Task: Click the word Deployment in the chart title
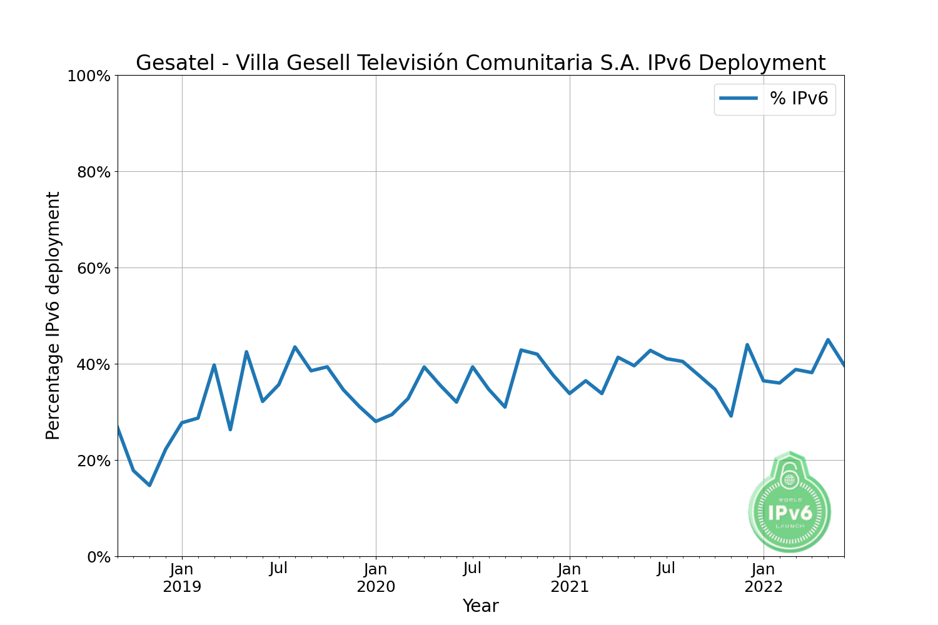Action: pyautogui.click(x=762, y=63)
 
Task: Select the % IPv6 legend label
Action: pyautogui.click(x=799, y=99)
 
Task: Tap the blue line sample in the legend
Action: pyautogui.click(x=739, y=99)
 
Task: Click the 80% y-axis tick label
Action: pyautogui.click(x=93, y=172)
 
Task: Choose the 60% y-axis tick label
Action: pyautogui.click(x=93, y=269)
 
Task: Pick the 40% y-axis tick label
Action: pyautogui.click(x=93, y=365)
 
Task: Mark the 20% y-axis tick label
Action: pyautogui.click(x=93, y=461)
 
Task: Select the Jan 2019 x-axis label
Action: pyautogui.click(x=182, y=578)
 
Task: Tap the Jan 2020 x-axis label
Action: pyautogui.click(x=376, y=578)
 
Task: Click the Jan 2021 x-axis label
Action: pyautogui.click(x=570, y=578)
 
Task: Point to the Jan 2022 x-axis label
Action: pyautogui.click(x=764, y=578)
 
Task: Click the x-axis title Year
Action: pyautogui.click(x=480, y=606)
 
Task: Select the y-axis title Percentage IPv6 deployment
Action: pyautogui.click(x=53, y=316)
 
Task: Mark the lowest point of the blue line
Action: pyautogui.click(x=149, y=485)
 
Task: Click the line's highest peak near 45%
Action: pyautogui.click(x=828, y=340)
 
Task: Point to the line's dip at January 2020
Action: pyautogui.click(x=376, y=421)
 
